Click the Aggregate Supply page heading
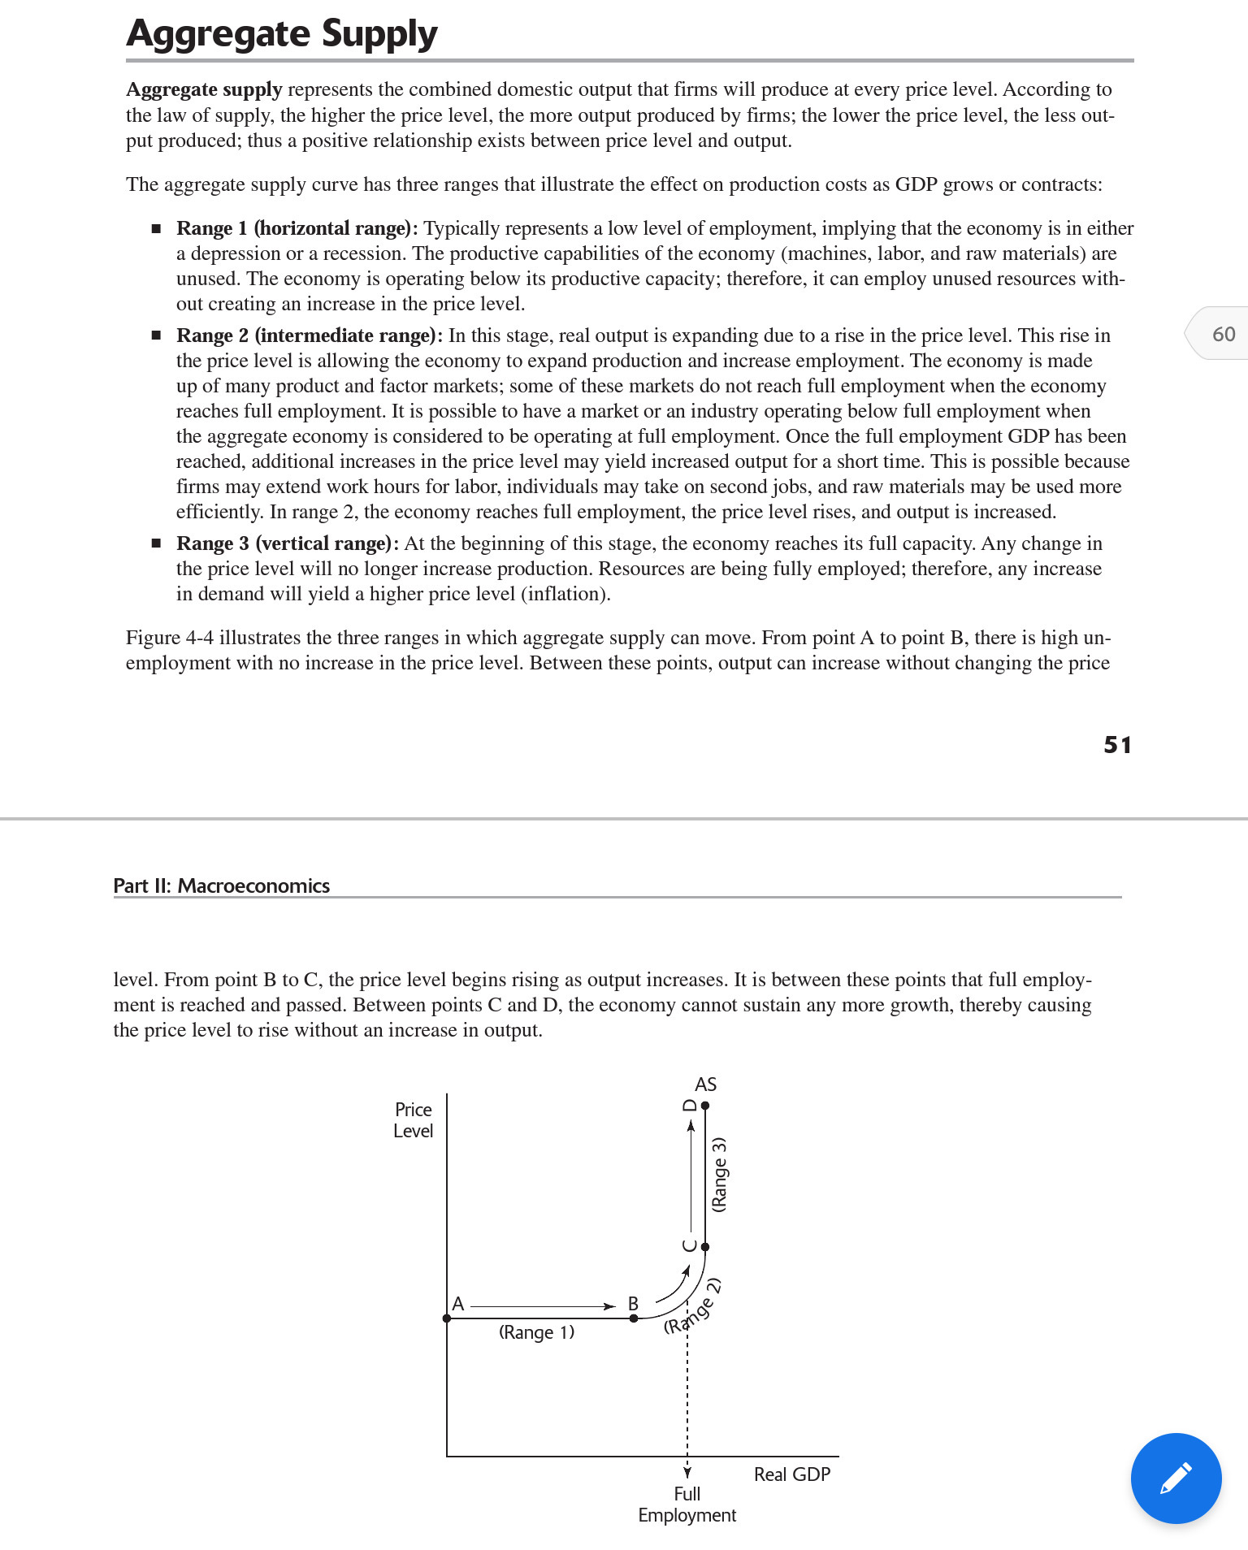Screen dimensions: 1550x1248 282,34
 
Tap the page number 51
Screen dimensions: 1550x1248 1117,744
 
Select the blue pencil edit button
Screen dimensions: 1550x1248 1176,1478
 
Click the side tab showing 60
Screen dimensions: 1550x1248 1221,334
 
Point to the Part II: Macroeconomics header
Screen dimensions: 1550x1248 222,885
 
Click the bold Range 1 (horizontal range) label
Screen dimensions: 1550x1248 297,228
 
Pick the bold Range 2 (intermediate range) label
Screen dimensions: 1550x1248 310,336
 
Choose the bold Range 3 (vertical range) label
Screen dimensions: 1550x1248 288,543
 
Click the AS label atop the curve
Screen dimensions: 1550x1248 705,1085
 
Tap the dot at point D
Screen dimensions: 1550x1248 705,1106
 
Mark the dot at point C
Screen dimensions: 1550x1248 705,1246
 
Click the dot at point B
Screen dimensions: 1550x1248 635,1318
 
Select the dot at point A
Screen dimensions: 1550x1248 447,1318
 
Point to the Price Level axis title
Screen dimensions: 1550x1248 413,1120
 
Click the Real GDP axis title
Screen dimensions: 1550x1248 792,1474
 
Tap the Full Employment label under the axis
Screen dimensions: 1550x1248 687,1505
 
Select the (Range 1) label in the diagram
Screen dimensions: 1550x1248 536,1332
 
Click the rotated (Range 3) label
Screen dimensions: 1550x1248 719,1175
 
